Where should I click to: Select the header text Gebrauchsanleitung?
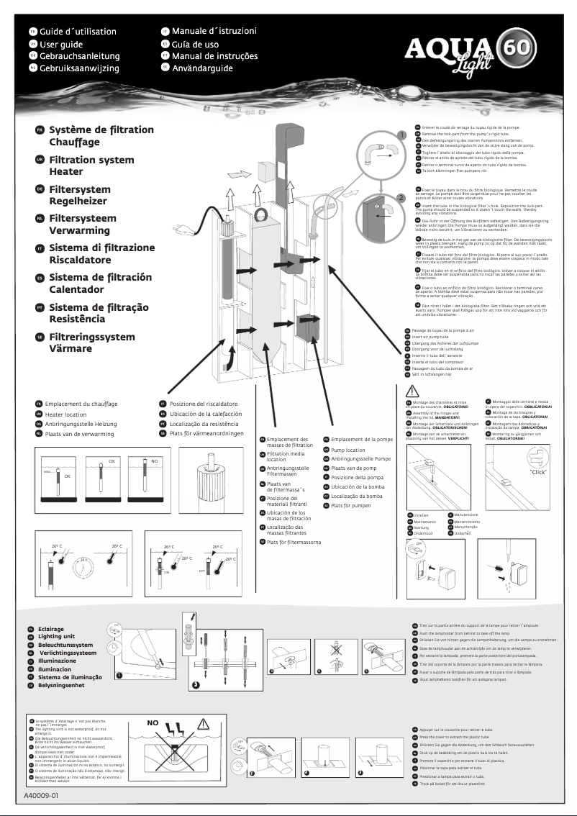click(79, 56)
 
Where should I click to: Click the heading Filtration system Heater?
click(91, 166)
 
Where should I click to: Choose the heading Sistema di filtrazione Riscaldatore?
click(101, 254)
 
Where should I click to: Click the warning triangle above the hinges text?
click(412, 391)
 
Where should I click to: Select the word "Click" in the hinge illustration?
click(537, 473)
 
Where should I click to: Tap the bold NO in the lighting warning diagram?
click(153, 722)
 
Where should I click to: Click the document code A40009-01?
click(40, 797)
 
